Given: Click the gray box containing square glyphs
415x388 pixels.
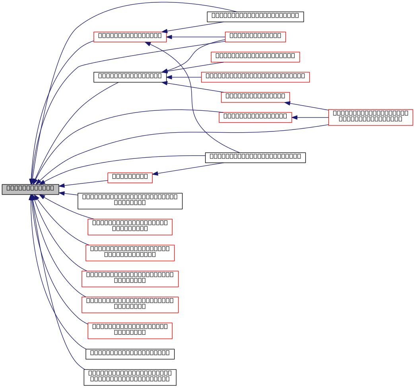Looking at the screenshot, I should tap(30, 189).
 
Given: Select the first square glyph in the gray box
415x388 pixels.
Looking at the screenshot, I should tap(9, 188).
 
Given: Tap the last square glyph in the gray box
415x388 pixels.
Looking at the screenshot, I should tap(52, 188).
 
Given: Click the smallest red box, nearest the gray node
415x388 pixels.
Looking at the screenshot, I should tap(130, 178).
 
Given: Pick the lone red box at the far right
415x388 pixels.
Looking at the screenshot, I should tap(370, 118).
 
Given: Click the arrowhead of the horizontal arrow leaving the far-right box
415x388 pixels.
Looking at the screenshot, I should tap(295, 118).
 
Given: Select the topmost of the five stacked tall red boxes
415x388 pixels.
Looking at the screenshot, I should tap(130, 227).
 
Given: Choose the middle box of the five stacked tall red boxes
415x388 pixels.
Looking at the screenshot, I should tap(130, 279).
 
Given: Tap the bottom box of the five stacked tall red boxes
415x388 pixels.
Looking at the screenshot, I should tap(130, 331).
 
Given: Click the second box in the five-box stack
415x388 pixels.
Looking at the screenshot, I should tap(130, 253).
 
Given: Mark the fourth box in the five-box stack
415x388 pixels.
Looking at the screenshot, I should tap(130, 305).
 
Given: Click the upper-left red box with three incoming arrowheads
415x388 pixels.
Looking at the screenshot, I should tap(130, 37).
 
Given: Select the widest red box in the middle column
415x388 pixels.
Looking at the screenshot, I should tap(255, 77).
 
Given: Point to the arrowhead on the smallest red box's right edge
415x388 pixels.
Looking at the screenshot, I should tap(155, 174).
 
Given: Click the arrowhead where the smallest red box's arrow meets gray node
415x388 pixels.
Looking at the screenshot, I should tap(62, 185).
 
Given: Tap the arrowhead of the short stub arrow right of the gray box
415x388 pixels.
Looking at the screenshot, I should tap(62, 193).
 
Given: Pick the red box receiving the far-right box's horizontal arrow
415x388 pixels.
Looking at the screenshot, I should tap(255, 118).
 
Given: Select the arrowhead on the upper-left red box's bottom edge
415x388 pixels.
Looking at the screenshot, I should tap(148, 44).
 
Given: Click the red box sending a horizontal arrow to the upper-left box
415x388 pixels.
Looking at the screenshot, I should tap(255, 37).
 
